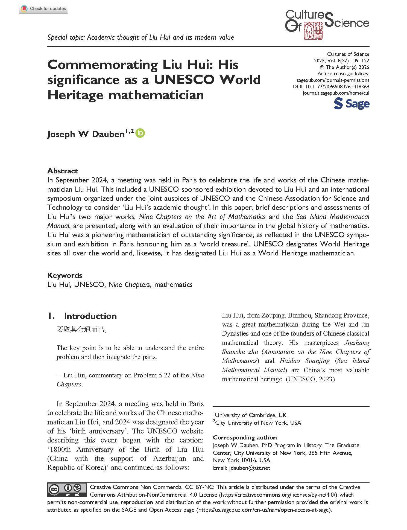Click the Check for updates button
click(43, 9)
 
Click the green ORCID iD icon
click(140, 133)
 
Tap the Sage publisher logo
click(352, 104)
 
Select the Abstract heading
click(63, 171)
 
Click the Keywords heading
click(65, 275)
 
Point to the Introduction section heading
click(90, 316)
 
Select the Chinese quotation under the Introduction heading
click(82, 330)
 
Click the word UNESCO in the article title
click(184, 80)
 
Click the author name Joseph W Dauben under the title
click(86, 134)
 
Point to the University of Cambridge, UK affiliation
click(250, 415)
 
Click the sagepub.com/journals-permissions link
click(333, 80)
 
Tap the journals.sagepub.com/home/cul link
click(336, 93)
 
